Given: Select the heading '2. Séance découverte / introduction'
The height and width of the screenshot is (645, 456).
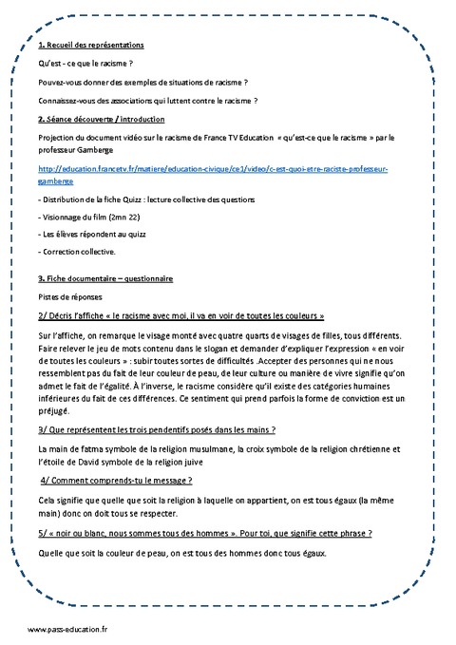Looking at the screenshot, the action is [102, 119].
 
